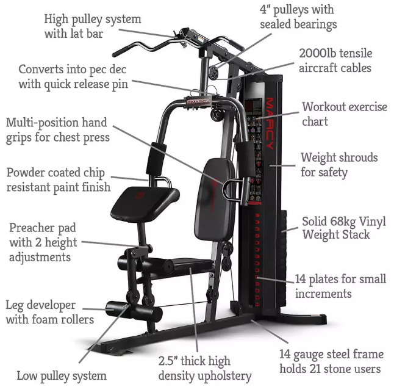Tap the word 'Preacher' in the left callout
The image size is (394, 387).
30,228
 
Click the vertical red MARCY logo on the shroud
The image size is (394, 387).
270,123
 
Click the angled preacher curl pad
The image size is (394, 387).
145,204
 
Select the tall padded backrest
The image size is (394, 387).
215,198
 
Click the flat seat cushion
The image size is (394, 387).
191,264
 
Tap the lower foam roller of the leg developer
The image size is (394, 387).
134,311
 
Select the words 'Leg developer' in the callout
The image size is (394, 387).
40,305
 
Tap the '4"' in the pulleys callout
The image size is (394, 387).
265,10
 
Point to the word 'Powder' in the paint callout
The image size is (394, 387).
26,173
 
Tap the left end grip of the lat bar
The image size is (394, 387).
121,52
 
